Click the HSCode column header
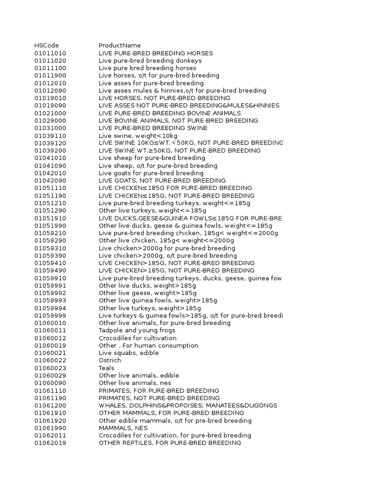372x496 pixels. tap(46, 46)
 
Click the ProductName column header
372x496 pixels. tap(120, 46)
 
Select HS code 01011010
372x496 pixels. tap(50, 53)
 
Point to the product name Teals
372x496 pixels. tap(107, 368)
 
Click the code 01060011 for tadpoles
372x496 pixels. tap(50, 330)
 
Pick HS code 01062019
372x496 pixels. tap(50, 443)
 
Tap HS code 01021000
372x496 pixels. tap(50, 113)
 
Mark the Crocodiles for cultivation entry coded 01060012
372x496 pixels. tap(138, 338)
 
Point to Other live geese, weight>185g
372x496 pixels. tap(147, 293)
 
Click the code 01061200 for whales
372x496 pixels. tap(50, 405)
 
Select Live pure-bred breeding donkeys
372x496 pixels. tap(150, 61)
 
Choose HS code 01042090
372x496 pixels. tap(50, 181)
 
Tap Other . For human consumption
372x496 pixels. tap(148, 345)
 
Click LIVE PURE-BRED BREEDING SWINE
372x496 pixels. tap(153, 128)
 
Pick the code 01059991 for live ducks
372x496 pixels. tap(50, 286)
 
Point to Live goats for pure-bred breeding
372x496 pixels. tap(151, 173)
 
